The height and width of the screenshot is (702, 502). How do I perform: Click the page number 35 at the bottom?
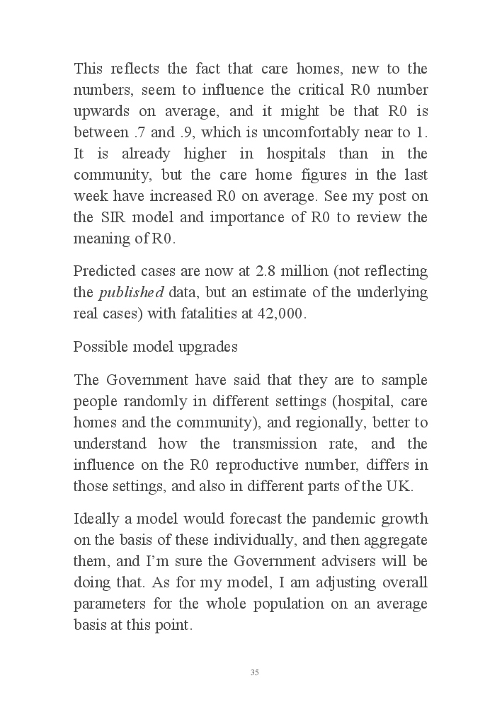[254, 672]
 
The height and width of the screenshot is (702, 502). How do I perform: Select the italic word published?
[120, 293]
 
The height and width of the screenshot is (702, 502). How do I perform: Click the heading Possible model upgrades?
[156, 347]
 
